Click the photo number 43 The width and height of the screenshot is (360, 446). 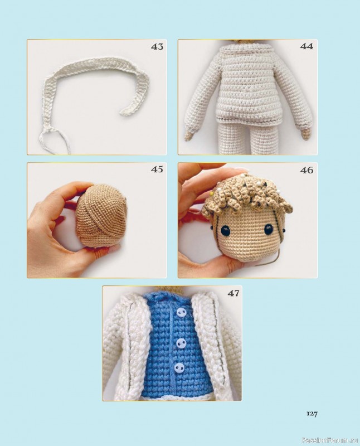pos(157,47)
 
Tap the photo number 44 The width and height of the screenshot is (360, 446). pos(307,46)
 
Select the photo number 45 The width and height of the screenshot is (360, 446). pos(157,169)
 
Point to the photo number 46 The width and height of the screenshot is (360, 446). pos(307,170)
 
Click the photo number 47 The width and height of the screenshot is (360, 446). pos(233,293)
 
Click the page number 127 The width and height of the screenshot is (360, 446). pos(312,414)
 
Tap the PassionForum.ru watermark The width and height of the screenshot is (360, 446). pos(330,440)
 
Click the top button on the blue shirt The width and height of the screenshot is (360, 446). pos(181,313)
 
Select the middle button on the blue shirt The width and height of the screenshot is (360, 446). pos(179,343)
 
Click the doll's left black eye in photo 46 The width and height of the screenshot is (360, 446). pos(226,230)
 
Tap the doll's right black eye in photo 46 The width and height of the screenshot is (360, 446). pos(269,230)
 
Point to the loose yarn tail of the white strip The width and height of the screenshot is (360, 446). pos(54,141)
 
